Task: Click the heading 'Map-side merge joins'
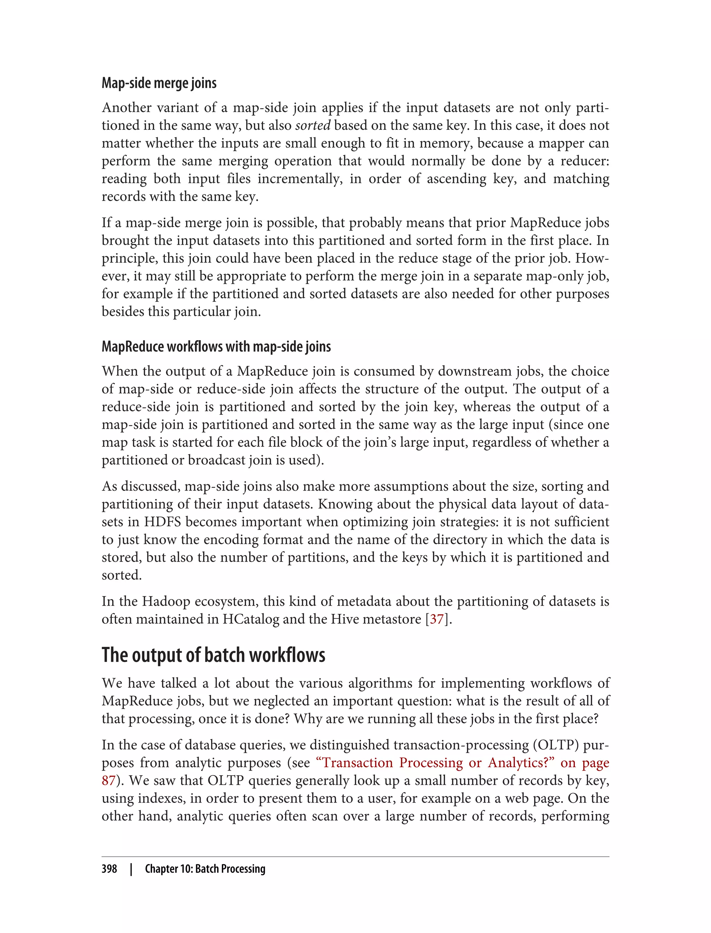tap(159, 83)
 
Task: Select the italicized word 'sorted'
tap(312, 126)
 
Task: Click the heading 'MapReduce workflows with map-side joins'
tap(216, 346)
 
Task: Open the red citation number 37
tap(437, 619)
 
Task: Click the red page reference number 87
tap(108, 781)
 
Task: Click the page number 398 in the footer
tap(109, 869)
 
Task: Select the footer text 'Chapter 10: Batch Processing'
tap(205, 869)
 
